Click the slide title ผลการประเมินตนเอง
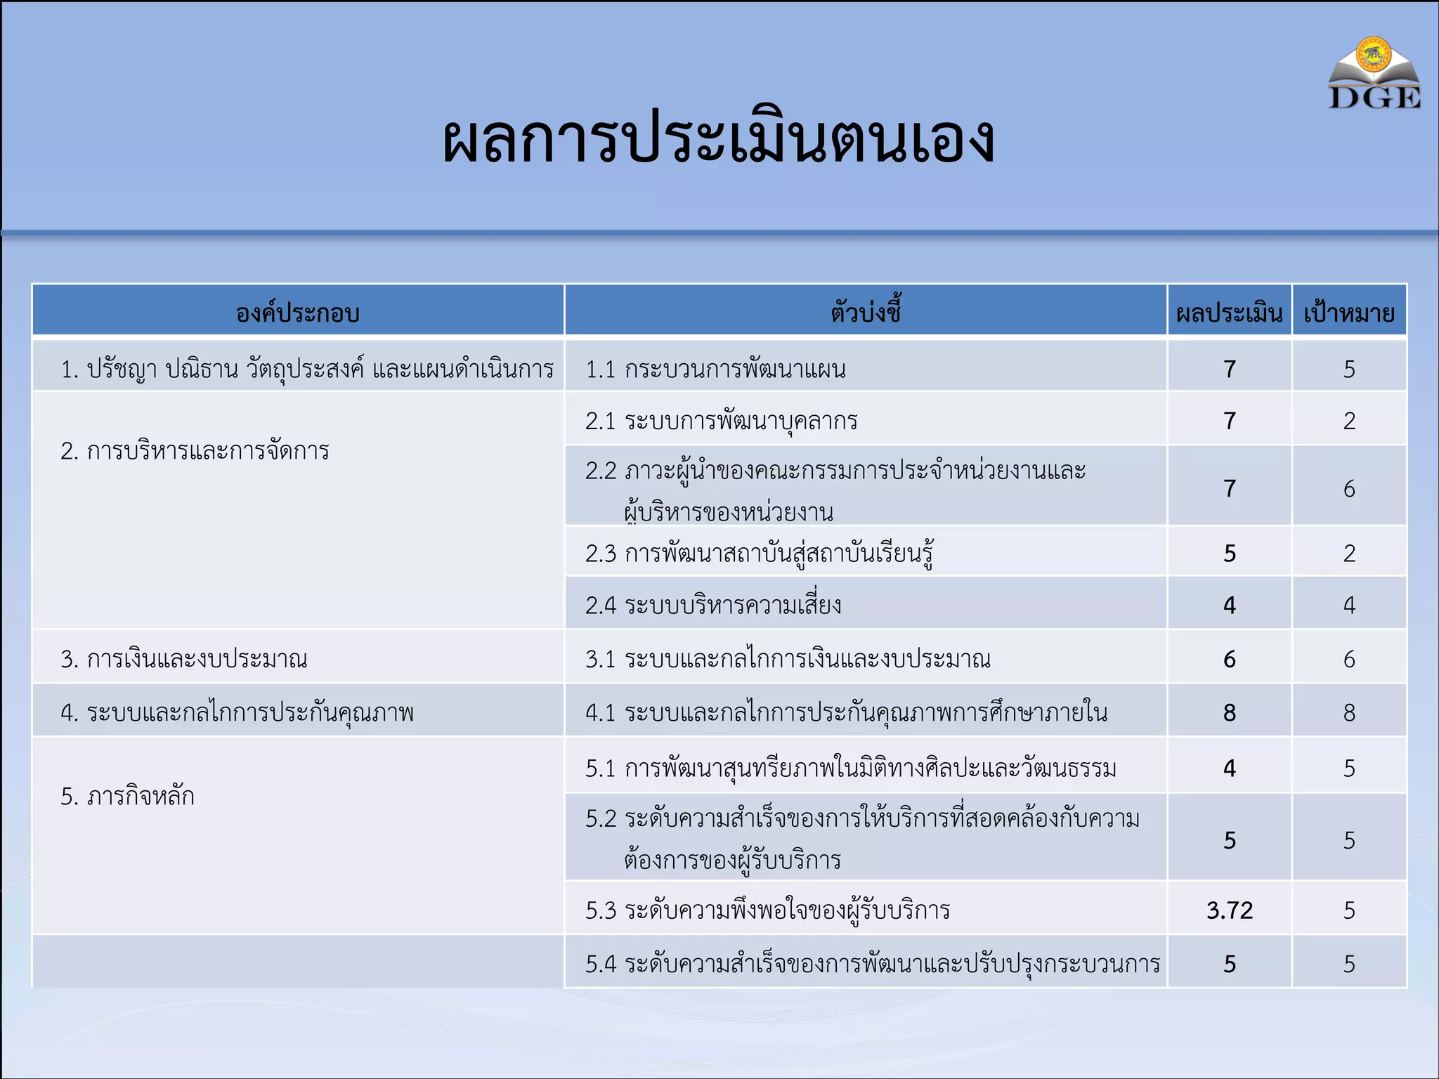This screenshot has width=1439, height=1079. (718, 139)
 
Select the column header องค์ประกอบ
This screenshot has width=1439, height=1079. (298, 313)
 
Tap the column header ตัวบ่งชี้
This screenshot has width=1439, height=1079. (866, 311)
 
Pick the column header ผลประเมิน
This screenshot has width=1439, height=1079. (1229, 313)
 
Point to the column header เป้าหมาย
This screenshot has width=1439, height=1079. (1349, 313)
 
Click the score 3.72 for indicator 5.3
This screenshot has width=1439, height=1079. (1230, 910)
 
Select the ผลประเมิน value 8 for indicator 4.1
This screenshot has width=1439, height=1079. (1230, 713)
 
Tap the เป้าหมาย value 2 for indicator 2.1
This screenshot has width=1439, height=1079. (1349, 421)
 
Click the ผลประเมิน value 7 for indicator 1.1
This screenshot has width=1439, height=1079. (1230, 369)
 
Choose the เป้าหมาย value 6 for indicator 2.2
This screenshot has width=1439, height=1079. (1349, 489)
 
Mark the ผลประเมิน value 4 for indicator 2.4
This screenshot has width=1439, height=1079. (1230, 605)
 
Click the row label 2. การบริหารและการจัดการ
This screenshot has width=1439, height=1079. (195, 451)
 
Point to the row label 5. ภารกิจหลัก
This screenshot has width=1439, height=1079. (127, 797)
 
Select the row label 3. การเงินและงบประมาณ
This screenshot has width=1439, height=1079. (184, 659)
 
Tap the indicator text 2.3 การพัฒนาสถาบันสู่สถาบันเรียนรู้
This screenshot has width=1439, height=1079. (759, 554)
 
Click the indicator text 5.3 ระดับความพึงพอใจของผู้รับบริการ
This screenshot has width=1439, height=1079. (767, 910)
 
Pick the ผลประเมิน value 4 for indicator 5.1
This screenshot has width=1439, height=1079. (1230, 768)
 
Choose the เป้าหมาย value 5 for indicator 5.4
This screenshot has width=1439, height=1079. (1349, 964)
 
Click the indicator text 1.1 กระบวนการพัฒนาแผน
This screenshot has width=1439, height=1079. (715, 369)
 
